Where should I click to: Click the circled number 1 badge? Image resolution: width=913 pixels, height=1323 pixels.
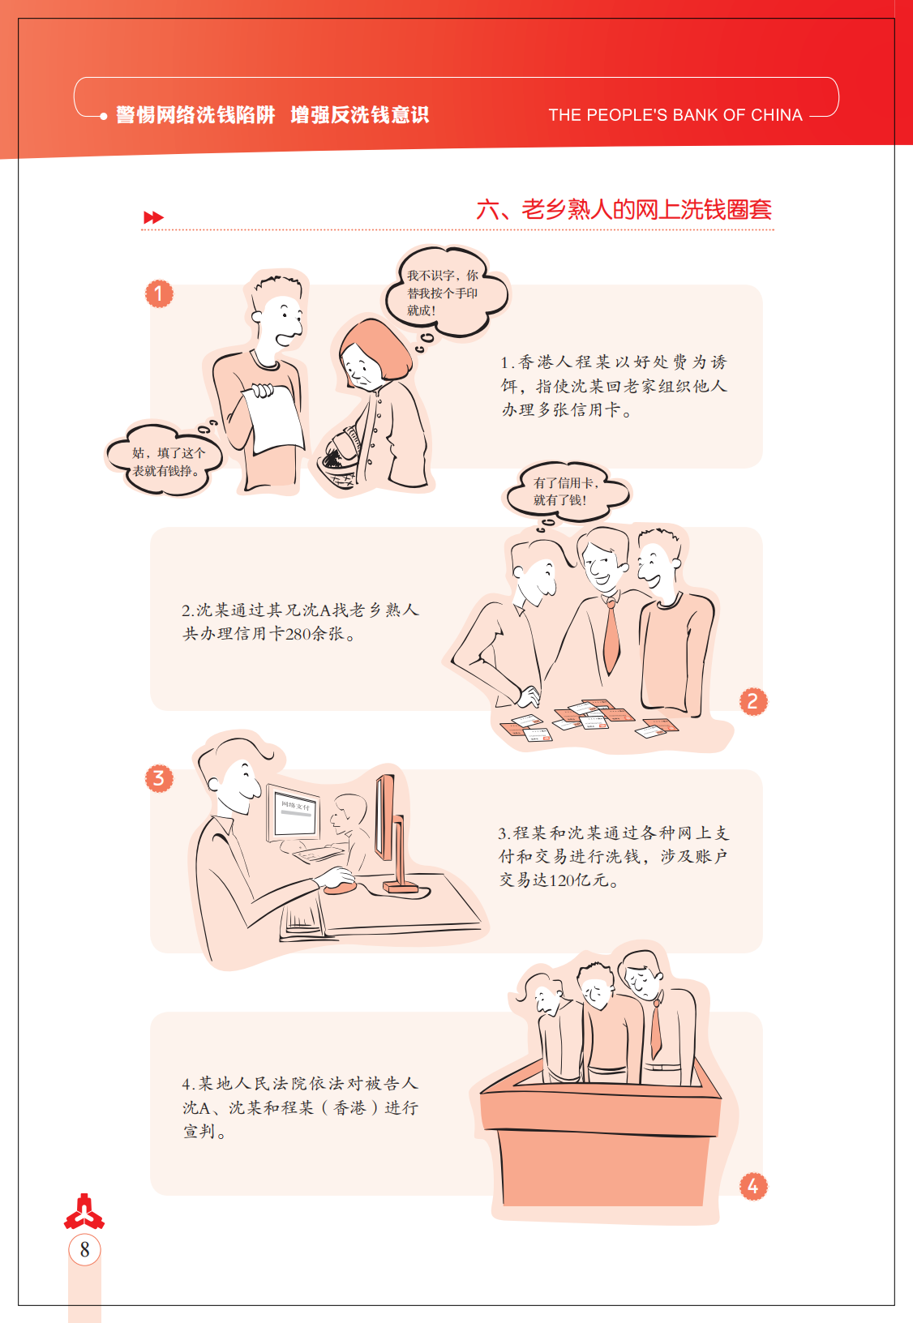(159, 293)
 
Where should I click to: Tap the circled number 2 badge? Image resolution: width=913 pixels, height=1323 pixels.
(752, 702)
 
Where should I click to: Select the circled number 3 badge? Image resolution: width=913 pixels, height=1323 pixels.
(159, 778)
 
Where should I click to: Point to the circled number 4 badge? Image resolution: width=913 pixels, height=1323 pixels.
(752, 1186)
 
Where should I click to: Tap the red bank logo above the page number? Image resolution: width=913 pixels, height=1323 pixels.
(84, 1211)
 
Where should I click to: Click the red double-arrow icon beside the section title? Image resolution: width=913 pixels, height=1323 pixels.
(153, 217)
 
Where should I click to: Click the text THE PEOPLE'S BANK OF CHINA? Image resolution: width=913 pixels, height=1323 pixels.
(675, 114)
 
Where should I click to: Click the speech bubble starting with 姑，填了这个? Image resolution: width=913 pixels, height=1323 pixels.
(165, 460)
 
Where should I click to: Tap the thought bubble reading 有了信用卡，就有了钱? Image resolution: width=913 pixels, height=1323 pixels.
(565, 491)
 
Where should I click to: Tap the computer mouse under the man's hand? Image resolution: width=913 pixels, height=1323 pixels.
(341, 886)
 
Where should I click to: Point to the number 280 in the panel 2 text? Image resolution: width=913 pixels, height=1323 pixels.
(298, 634)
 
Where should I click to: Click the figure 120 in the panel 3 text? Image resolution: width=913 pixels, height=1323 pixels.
(562, 880)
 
